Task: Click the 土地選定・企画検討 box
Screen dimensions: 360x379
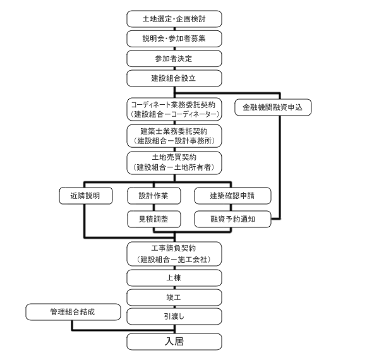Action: coord(174,18)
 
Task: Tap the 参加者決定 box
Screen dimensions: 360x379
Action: coord(174,58)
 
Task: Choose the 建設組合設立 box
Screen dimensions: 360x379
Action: coord(174,78)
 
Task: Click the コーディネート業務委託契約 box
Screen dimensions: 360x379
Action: coord(174,109)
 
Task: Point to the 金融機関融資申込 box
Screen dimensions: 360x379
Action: coord(272,107)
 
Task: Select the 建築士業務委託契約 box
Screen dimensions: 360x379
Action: coord(174,135)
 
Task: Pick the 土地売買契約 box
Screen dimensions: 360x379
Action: coord(174,162)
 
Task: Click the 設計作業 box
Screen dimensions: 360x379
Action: coord(153,196)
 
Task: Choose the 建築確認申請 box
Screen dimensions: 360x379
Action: coord(232,196)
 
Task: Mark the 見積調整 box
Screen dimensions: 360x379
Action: coord(153,219)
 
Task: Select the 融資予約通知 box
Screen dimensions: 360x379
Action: coord(232,219)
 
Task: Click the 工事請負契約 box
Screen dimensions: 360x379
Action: coord(174,254)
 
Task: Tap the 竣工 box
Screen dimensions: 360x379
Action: coord(174,297)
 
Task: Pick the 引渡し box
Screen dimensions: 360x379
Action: coord(174,316)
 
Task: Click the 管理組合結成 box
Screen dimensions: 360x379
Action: coord(72,311)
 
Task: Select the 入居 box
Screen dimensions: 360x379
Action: coord(174,341)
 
